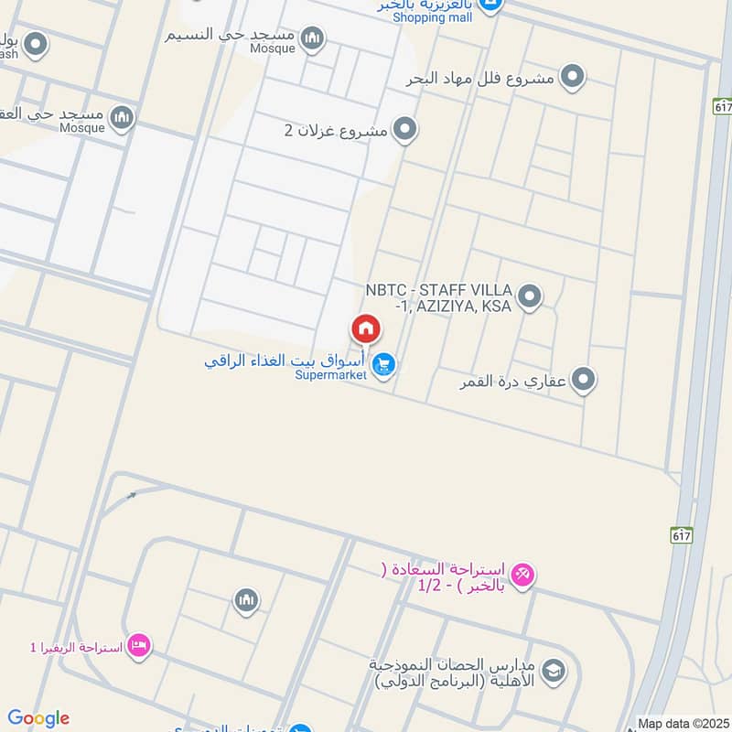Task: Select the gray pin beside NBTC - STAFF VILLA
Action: coord(529,297)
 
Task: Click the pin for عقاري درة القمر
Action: coord(584,380)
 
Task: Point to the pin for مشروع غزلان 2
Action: coord(404,130)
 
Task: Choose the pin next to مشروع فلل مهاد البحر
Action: coord(573,78)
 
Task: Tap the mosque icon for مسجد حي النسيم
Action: coord(313,37)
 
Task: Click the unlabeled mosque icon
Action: coord(245,601)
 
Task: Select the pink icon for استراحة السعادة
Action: coord(522,575)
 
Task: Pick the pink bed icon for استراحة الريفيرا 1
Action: coord(139,646)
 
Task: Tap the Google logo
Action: coord(38,718)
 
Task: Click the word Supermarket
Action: coord(330,374)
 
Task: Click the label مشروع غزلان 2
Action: coord(335,131)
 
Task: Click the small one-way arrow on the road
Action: coord(131,496)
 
